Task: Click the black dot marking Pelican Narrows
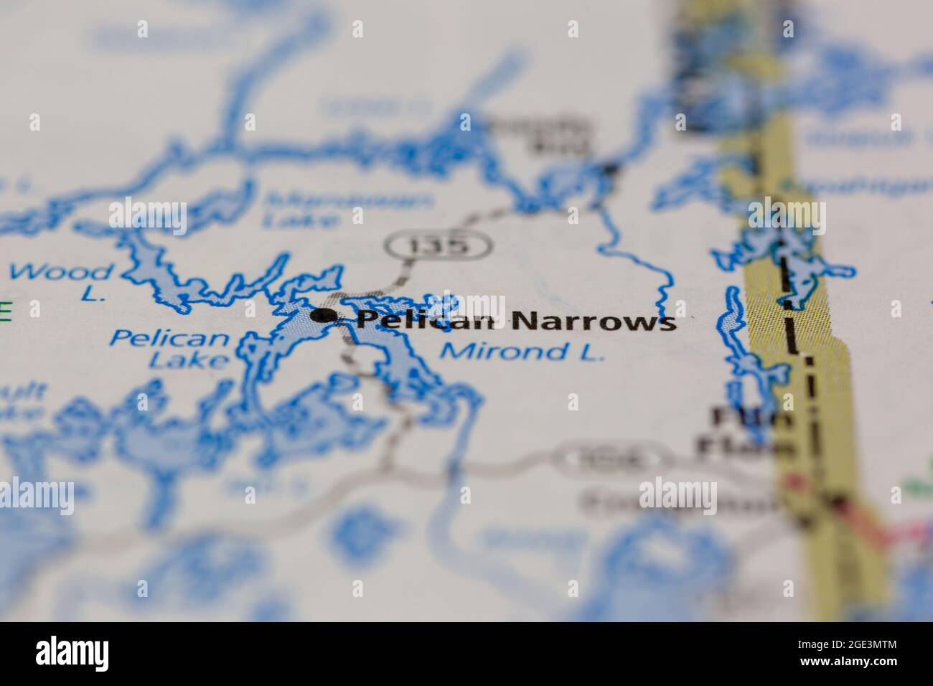coord(326,315)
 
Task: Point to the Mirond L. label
coord(522,352)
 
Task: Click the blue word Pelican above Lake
coord(171,338)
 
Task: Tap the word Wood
coord(62,272)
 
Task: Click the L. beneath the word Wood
coord(93,294)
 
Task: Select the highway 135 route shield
coord(439,245)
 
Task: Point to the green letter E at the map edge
coord(6,310)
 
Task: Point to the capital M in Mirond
coord(452,352)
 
